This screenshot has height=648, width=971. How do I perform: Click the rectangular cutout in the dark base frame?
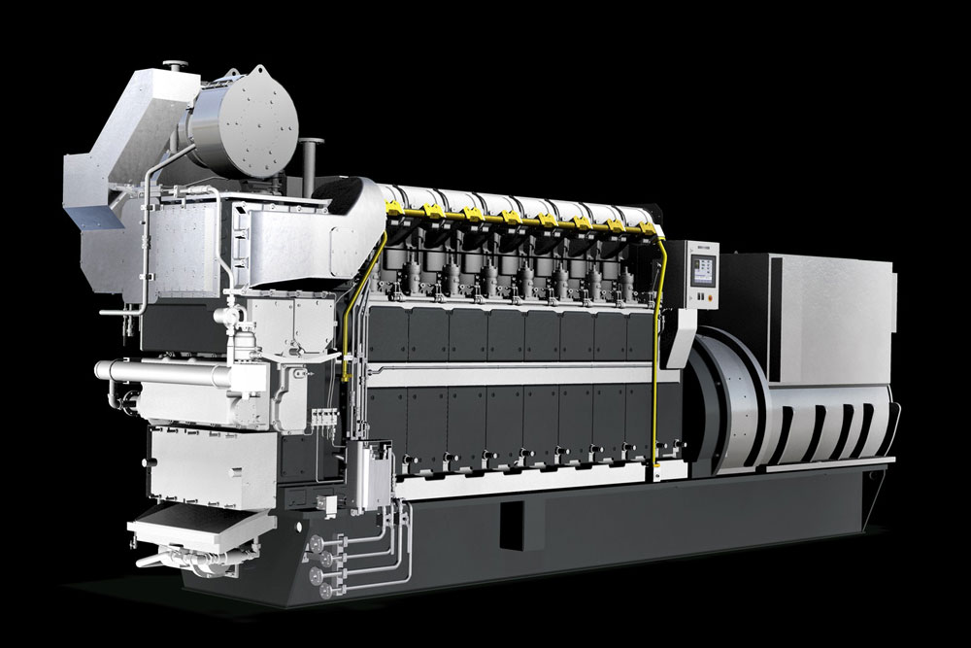[521, 526]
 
